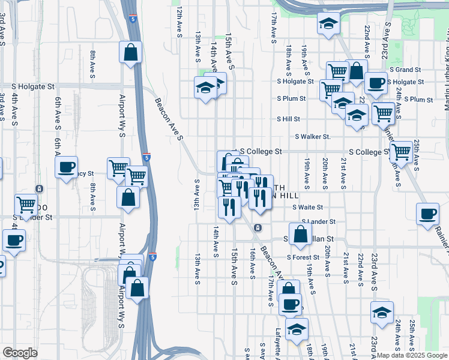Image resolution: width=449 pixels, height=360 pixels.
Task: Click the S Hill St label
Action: (288, 119)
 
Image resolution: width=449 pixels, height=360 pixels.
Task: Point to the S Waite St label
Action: (308, 207)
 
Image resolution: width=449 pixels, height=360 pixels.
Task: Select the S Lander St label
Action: (322, 221)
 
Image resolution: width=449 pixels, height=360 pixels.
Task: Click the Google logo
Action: (20, 352)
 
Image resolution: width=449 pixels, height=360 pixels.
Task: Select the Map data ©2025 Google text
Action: (411, 355)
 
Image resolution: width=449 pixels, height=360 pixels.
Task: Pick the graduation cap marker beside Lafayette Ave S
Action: (297, 329)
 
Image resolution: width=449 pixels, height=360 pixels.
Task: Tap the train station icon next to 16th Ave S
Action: (257, 227)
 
